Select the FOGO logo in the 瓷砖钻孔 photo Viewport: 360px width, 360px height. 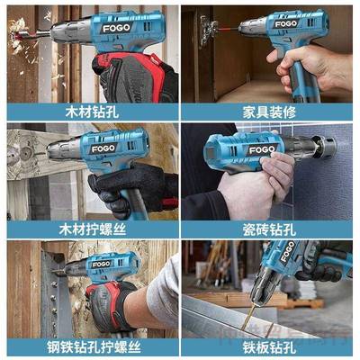[262, 148]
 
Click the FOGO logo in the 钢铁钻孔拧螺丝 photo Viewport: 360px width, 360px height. [100, 265]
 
